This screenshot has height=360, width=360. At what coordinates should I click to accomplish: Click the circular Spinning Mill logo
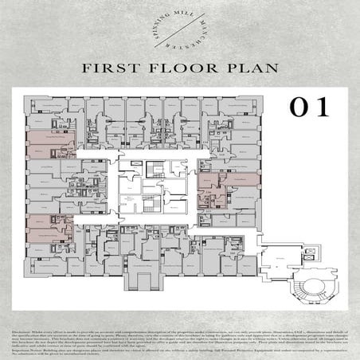[180, 28]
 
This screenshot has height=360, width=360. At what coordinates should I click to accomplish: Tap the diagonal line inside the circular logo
[180, 29]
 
